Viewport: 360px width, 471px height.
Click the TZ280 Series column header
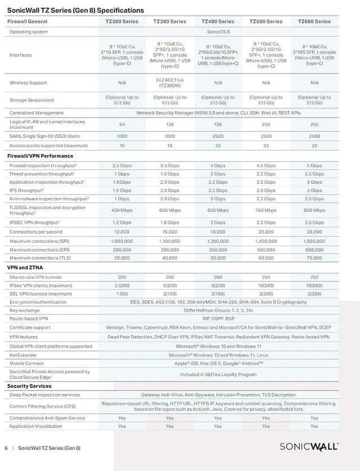click(121, 21)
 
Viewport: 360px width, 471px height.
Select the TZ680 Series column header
click(314, 21)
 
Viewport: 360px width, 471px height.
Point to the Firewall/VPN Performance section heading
click(40, 156)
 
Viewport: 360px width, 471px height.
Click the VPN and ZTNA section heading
click(25, 268)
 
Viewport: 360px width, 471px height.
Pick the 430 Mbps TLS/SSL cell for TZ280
click(121, 210)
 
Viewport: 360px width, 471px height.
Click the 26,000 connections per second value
click(314, 232)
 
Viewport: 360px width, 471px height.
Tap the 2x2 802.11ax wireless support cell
click(170, 82)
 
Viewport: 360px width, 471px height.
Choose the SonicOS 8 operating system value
click(218, 31)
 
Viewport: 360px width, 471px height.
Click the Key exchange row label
click(25, 310)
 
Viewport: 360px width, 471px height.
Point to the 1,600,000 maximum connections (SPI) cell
click(314, 241)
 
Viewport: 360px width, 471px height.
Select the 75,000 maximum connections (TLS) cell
click(314, 258)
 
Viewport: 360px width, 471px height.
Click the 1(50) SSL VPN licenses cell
click(121, 293)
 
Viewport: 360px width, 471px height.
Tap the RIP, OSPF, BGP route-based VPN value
click(218, 319)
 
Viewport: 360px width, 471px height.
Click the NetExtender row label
click(24, 355)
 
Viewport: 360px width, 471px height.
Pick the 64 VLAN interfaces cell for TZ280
click(121, 124)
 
